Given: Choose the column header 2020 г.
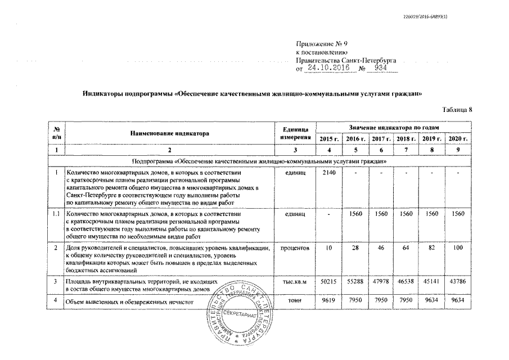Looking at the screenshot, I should click(x=458, y=138).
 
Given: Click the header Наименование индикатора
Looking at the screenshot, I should click(x=169, y=134).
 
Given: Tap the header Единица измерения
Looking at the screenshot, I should click(x=295, y=134).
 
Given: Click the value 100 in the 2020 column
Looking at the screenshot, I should click(x=458, y=248).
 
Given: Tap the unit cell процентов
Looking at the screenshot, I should click(x=295, y=248).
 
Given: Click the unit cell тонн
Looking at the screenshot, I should click(x=295, y=301).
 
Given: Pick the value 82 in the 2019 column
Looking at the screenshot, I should click(x=433, y=248).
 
